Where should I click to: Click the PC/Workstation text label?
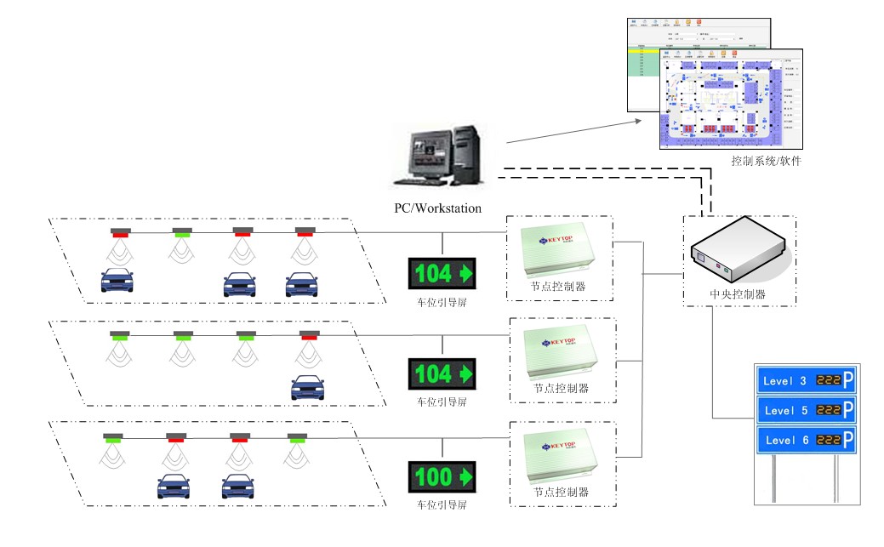(x=437, y=208)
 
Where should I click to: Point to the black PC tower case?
(x=465, y=152)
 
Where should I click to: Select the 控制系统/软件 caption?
(x=766, y=161)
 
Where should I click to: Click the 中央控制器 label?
(x=738, y=294)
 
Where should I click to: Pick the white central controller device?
(x=737, y=250)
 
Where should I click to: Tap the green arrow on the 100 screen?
(x=464, y=477)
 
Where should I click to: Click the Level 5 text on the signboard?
(x=786, y=411)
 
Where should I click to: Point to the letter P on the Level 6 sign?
(x=847, y=440)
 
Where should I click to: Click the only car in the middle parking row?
(x=307, y=387)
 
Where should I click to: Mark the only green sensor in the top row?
(x=182, y=232)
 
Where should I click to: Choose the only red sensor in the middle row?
(x=308, y=336)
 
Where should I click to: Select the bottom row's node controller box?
(x=561, y=457)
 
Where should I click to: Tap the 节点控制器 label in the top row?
(x=558, y=287)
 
